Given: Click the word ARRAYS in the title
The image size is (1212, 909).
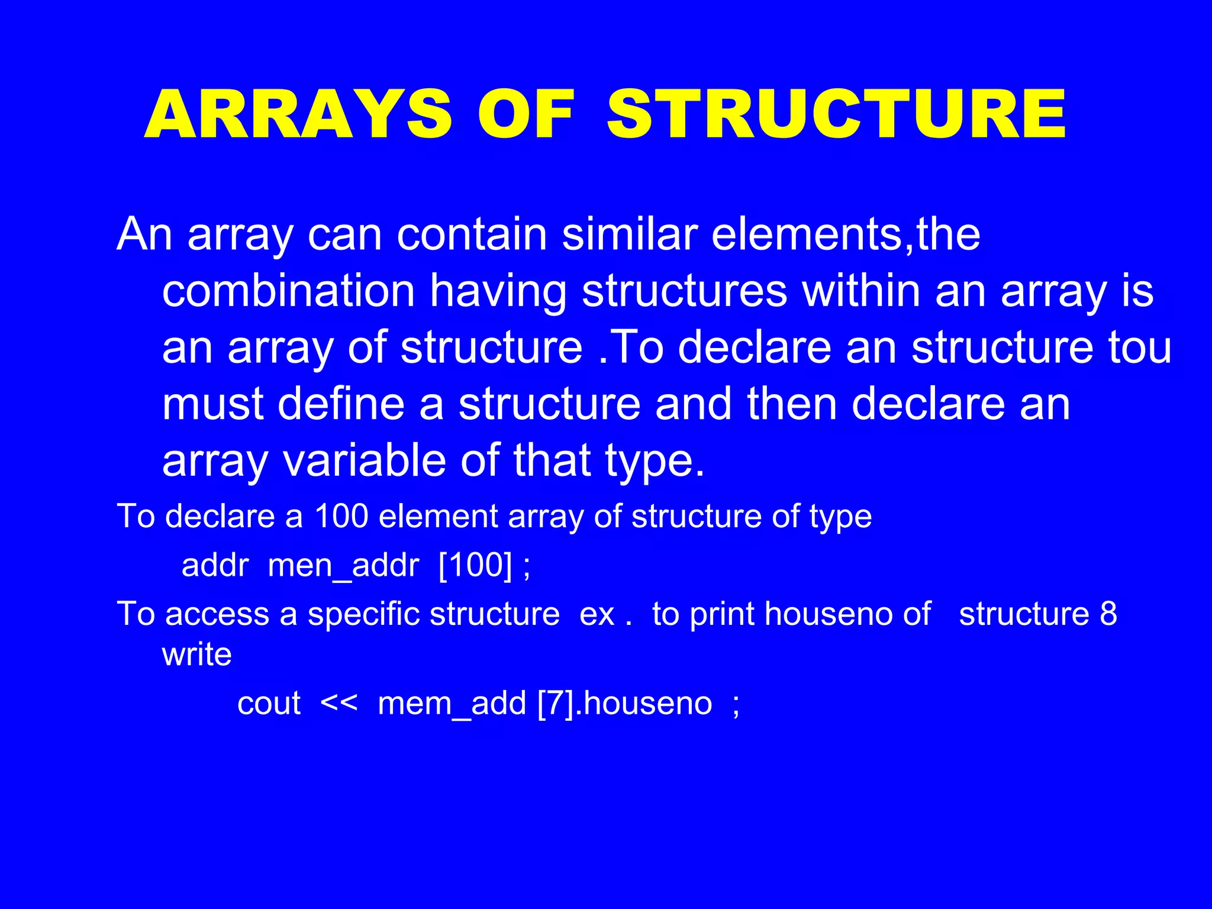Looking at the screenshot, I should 298,114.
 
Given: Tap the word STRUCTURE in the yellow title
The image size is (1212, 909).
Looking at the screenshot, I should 836,114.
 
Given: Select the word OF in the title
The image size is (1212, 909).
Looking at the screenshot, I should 526,114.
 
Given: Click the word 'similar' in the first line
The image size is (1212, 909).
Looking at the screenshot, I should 629,234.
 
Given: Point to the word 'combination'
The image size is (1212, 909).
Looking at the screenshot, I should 288,291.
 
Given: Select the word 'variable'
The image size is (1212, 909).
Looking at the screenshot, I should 364,461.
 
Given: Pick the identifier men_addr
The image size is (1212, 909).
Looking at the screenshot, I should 343,566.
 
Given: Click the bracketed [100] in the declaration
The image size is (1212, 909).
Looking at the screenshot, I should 475,566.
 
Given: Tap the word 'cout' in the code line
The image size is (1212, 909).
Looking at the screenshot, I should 269,704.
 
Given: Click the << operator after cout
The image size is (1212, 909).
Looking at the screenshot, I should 339,704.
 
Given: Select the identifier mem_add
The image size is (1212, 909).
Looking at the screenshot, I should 452,704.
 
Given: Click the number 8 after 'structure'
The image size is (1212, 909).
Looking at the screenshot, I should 1108,614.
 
